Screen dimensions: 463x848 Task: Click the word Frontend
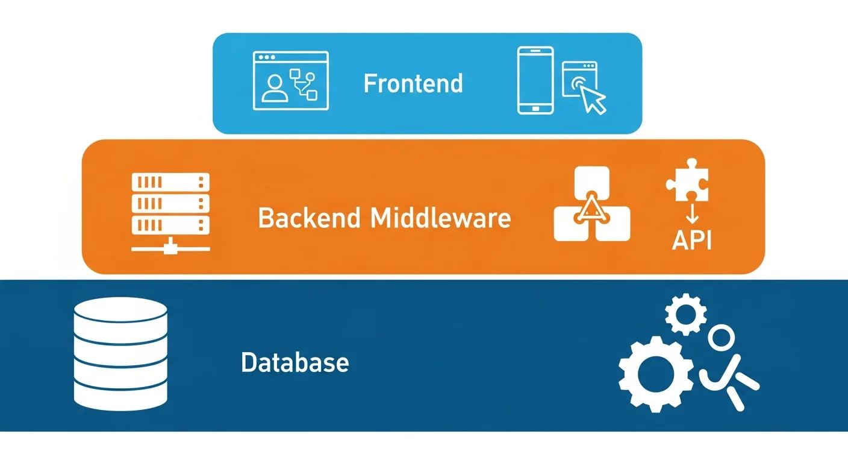tap(413, 83)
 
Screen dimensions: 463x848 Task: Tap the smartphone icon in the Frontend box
tap(535, 81)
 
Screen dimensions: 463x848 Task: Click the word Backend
tap(309, 218)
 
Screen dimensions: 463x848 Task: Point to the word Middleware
tap(441, 218)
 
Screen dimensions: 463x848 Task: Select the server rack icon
tap(170, 204)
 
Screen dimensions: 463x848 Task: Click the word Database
tap(295, 362)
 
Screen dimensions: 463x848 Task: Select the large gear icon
tap(655, 374)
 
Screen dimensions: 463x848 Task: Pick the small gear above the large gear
tap(686, 313)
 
